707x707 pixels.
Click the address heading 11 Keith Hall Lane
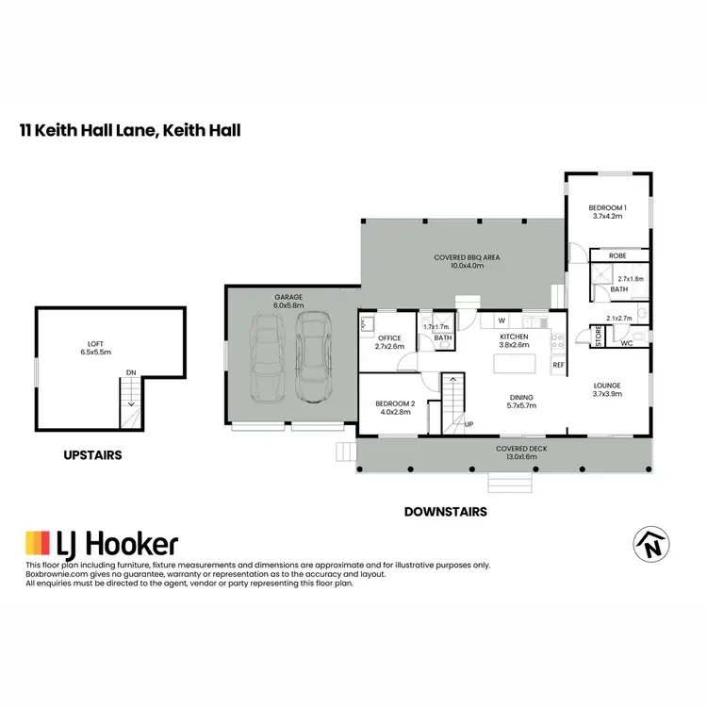coord(130,129)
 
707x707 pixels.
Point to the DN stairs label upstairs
coord(131,373)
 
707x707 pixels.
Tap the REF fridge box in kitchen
coord(558,365)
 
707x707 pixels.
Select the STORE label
coord(597,337)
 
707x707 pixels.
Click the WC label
coord(626,344)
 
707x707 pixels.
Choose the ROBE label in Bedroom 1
coord(617,255)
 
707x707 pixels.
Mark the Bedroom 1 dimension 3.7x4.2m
coord(608,217)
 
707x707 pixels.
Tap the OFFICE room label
coord(389,337)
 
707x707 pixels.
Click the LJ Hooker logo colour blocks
coord(38,543)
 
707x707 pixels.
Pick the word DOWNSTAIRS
coord(444,512)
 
